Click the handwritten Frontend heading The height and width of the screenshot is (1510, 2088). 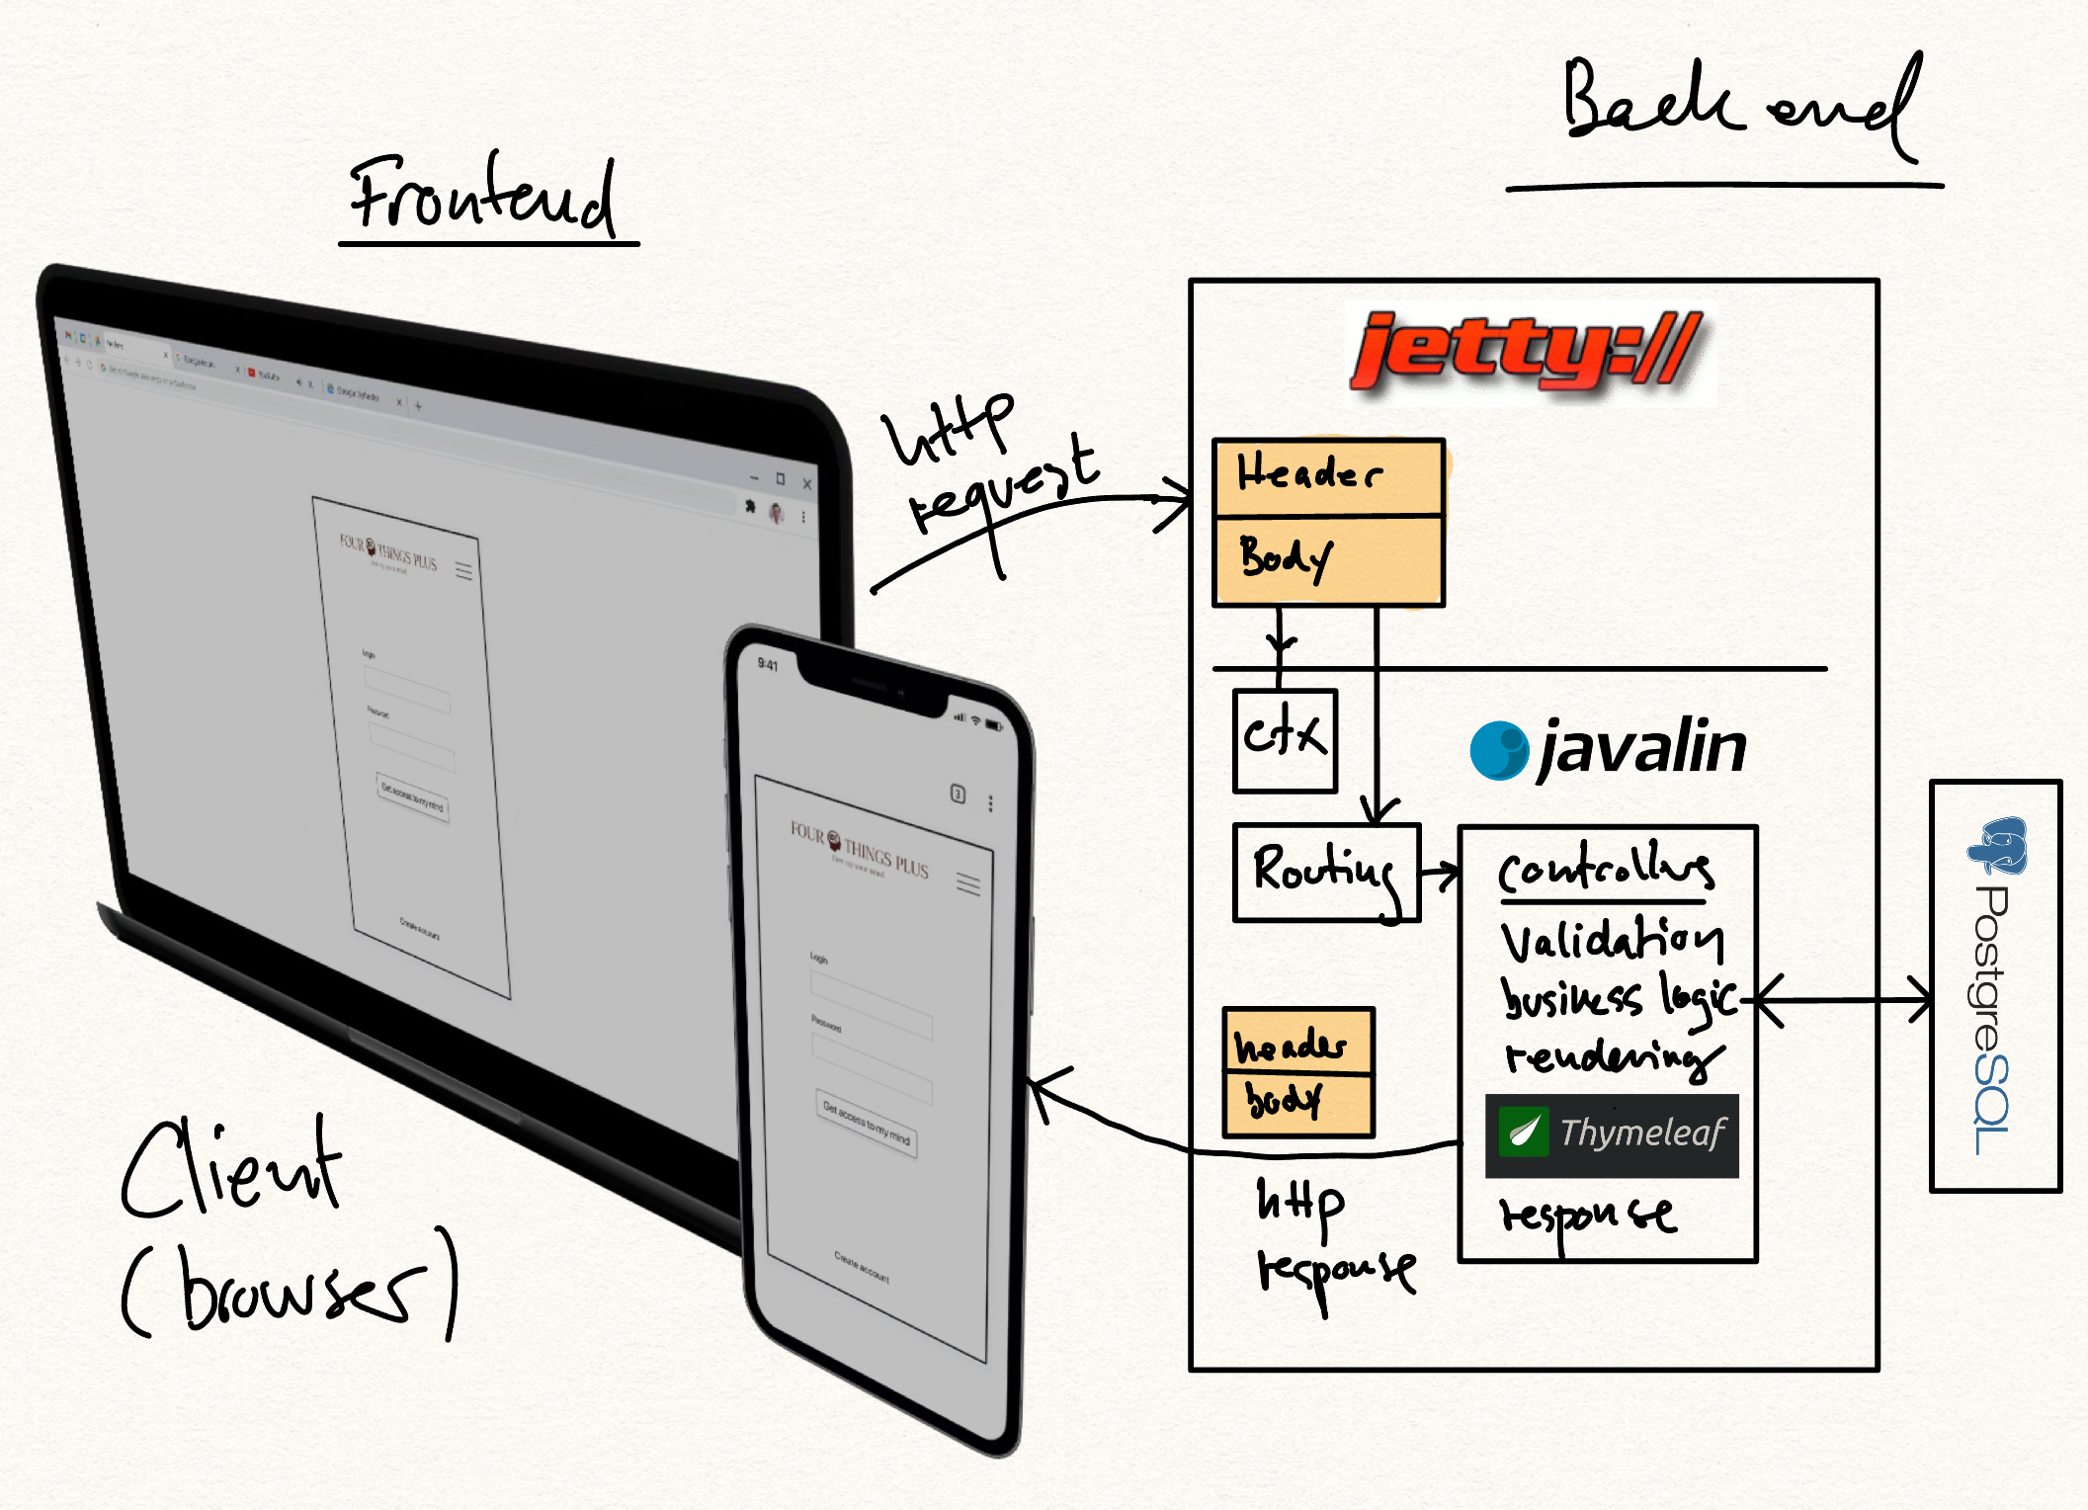pyautogui.click(x=484, y=195)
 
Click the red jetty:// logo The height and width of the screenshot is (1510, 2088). pyautogui.click(x=1527, y=351)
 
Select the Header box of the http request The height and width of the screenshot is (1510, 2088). pyautogui.click(x=1328, y=476)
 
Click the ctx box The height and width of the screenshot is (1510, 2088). pyautogui.click(x=1285, y=739)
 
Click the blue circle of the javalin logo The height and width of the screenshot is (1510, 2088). pyautogui.click(x=1499, y=750)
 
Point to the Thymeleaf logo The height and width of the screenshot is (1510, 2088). pyautogui.click(x=1612, y=1134)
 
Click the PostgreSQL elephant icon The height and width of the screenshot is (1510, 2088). pyautogui.click(x=1998, y=845)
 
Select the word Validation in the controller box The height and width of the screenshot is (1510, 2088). pyautogui.click(x=1611, y=940)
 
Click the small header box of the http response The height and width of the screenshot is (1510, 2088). pyautogui.click(x=1297, y=1043)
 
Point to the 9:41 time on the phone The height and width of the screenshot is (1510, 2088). pyautogui.click(x=767, y=664)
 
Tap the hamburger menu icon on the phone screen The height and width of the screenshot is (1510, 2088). pyautogui.click(x=967, y=883)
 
